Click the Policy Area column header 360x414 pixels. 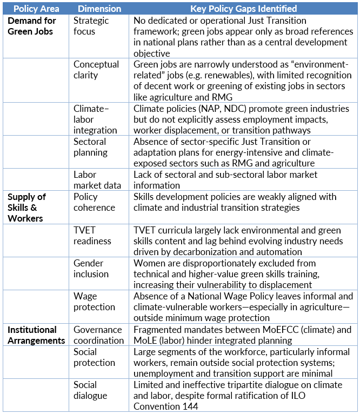pos(36,9)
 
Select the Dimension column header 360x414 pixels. pos(99,9)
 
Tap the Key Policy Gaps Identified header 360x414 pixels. pos(243,9)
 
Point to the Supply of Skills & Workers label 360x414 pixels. pos(27,207)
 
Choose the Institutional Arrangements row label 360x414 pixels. pos(36,335)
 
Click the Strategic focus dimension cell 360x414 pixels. pos(91,26)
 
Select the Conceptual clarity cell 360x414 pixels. pos(96,70)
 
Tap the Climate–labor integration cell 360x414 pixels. pos(96,119)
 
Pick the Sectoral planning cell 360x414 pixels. pos(90,147)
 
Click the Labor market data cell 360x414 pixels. pos(97,180)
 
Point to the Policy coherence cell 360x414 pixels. pos(94,202)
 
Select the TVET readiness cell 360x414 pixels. pos(92,235)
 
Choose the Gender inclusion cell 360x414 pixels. pos(91,269)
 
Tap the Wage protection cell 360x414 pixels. pos(94,302)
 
